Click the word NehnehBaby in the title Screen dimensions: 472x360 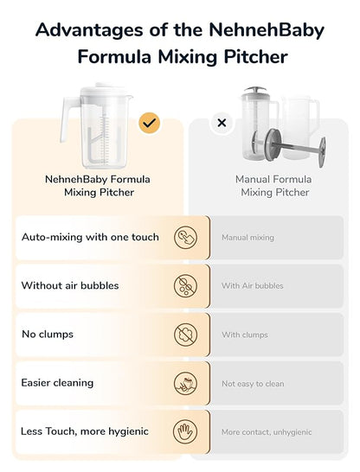tap(266, 30)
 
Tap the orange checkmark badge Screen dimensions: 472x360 tap(149, 123)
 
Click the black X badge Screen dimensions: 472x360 tap(222, 123)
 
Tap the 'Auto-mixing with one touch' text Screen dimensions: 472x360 tap(90, 237)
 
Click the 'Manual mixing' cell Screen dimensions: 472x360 tap(247, 237)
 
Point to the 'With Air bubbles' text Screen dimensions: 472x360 tap(252, 285)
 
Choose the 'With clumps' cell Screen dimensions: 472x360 tap(245, 335)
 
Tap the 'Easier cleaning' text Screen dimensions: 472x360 tap(57, 383)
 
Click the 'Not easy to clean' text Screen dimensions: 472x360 tap(253, 383)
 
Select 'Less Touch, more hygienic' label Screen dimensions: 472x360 tap(85, 431)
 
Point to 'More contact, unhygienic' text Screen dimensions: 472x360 tap(267, 431)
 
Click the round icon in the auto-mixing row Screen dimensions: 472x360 tap(185, 237)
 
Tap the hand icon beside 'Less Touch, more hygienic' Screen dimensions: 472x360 tap(185, 431)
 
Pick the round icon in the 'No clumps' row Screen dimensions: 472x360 tap(185, 335)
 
